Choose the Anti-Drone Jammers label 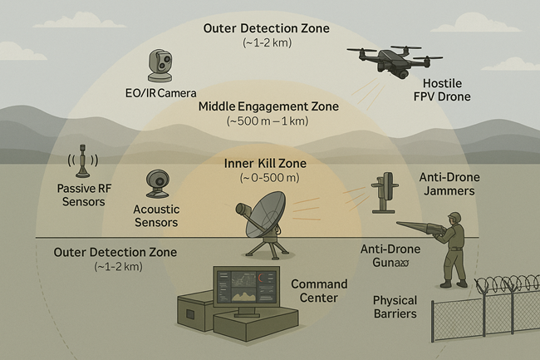(446, 183)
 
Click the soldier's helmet (454, 218)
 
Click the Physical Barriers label (394, 307)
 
